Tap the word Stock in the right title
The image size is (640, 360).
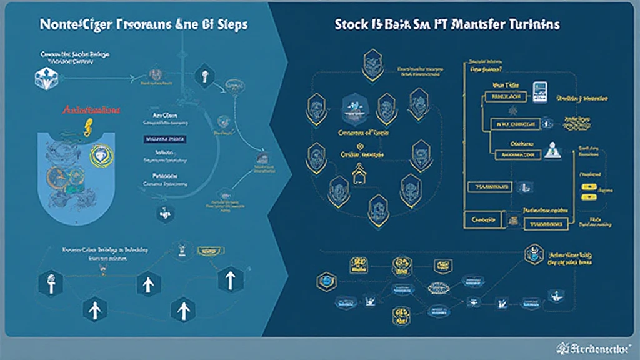tap(351, 24)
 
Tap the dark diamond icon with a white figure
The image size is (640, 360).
tap(203, 76)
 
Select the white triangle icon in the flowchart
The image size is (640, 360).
tap(552, 149)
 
